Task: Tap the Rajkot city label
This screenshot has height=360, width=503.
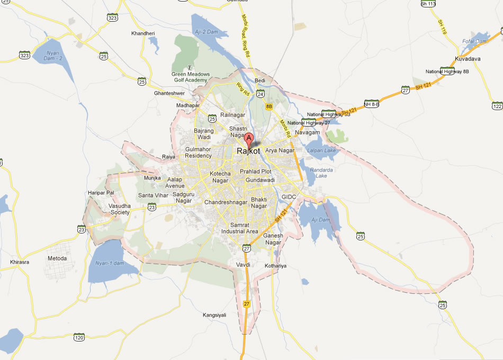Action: (248, 151)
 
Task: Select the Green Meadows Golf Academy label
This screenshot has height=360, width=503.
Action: (191, 77)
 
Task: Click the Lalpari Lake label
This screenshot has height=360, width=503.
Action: (322, 150)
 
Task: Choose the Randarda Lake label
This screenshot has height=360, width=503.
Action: (321, 173)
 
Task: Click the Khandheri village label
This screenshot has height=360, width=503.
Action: (143, 33)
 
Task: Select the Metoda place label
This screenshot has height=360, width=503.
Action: (57, 258)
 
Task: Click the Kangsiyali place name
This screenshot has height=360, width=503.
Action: (214, 315)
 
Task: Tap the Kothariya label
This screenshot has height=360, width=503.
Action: (275, 266)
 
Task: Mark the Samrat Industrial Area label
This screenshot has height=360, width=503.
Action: (240, 229)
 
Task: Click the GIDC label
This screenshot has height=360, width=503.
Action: (289, 197)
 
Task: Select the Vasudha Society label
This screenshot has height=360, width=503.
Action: (120, 209)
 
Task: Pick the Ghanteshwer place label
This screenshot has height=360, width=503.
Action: (169, 93)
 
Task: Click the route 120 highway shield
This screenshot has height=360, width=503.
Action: (79, 337)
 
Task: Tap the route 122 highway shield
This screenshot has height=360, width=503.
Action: (497, 106)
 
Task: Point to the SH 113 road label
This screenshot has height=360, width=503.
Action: (428, 4)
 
